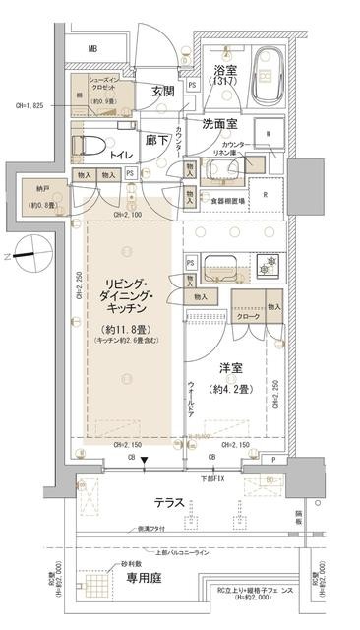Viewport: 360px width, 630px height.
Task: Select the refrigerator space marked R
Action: pyautogui.click(x=266, y=194)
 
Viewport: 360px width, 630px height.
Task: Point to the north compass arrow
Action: pyautogui.click(x=17, y=258)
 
